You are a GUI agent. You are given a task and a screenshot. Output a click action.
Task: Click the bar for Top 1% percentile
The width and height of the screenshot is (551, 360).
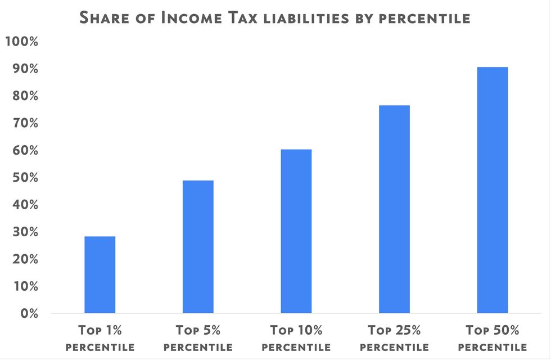pyautogui.click(x=100, y=274)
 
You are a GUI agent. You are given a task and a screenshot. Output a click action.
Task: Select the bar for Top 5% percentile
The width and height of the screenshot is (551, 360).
pyautogui.click(x=198, y=246)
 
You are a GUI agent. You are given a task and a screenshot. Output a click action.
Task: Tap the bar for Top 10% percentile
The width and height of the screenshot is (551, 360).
pyautogui.click(x=296, y=231)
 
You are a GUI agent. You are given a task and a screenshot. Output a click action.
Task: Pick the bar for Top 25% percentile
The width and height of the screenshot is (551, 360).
pyautogui.click(x=394, y=209)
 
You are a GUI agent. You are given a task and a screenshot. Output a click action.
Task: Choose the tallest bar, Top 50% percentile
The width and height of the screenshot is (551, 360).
pyautogui.click(x=493, y=190)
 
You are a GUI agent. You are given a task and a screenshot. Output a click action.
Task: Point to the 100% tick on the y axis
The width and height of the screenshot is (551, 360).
pyautogui.click(x=22, y=42)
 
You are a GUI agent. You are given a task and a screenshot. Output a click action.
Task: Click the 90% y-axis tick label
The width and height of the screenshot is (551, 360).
pyautogui.click(x=24, y=69)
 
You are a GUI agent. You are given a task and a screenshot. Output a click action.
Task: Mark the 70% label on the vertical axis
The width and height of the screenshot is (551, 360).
pyautogui.click(x=24, y=123)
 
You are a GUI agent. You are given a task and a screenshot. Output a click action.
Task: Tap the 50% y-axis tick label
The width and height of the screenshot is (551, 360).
pyautogui.click(x=24, y=178)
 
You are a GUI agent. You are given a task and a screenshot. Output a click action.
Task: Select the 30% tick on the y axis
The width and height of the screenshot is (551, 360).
pyautogui.click(x=24, y=232)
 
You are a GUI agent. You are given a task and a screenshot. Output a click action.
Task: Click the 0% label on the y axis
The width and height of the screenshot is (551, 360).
pyautogui.click(x=28, y=313)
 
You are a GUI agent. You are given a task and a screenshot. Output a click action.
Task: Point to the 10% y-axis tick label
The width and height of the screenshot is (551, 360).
pyautogui.click(x=24, y=286)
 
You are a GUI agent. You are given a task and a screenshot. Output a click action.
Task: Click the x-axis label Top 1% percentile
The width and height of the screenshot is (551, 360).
pyautogui.click(x=100, y=337)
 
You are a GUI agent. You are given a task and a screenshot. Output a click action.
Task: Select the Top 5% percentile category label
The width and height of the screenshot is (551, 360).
pyautogui.click(x=198, y=337)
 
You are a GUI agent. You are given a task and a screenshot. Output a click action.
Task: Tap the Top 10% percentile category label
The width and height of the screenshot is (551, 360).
pyautogui.click(x=296, y=337)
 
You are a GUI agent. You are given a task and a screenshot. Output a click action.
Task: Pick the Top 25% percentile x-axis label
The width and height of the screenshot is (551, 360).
pyautogui.click(x=394, y=337)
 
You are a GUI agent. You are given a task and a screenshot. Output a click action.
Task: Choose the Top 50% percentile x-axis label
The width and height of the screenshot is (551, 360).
pyautogui.click(x=493, y=337)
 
